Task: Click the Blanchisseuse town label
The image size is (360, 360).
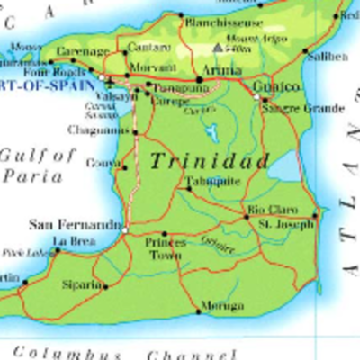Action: click(x=224, y=22)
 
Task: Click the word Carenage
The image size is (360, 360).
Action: click(x=82, y=51)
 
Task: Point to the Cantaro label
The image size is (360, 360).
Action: click(x=148, y=46)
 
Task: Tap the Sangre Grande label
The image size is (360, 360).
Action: click(x=290, y=108)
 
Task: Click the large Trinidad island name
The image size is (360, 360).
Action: click(x=208, y=161)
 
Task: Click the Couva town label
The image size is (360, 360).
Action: click(x=100, y=163)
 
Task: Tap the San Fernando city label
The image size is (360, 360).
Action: click(x=75, y=224)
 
